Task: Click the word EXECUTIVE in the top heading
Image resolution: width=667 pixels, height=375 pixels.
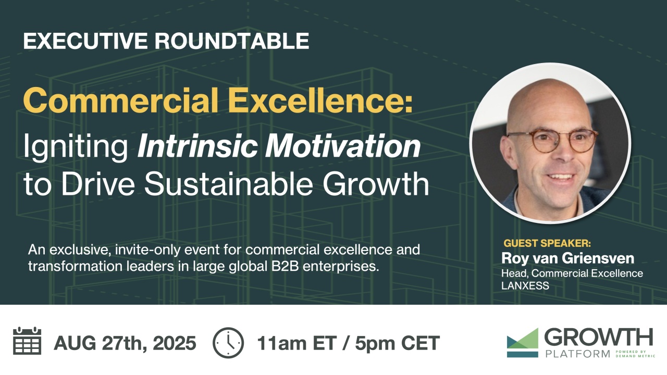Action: [x=85, y=41]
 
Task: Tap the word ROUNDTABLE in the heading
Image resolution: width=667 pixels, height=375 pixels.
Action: [x=232, y=41]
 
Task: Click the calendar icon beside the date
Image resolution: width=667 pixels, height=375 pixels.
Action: [x=27, y=341]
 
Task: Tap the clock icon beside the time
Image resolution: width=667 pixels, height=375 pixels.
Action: [x=228, y=343]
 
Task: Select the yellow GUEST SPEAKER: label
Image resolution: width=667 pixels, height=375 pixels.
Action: [x=547, y=243]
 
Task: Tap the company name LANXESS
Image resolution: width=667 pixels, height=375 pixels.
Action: [x=525, y=286]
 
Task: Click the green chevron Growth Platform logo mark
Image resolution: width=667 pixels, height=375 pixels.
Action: [x=522, y=342]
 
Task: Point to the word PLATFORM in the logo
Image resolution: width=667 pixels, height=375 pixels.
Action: [x=578, y=354]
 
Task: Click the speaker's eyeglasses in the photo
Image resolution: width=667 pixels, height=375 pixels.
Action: [x=552, y=141]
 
